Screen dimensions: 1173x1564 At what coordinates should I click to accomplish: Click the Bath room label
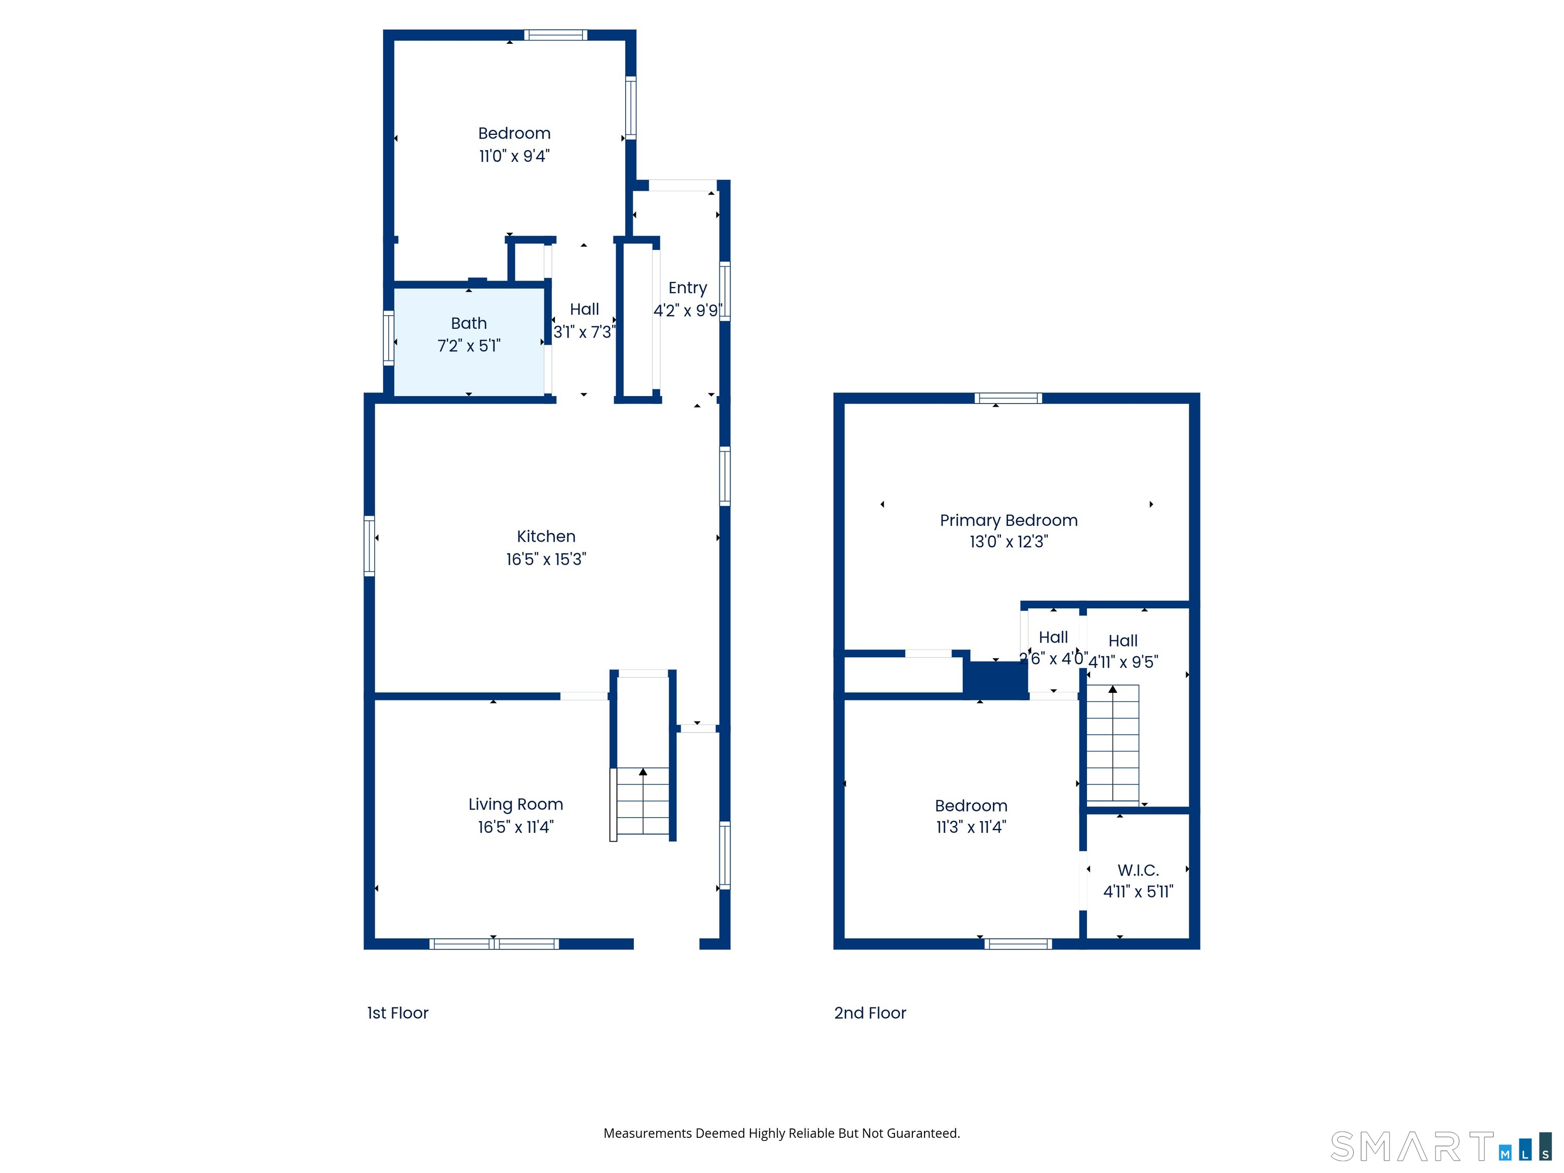pos(469,323)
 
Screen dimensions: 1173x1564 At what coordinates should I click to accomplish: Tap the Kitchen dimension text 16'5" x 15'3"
pos(546,560)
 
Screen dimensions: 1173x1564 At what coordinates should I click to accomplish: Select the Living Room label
pos(515,804)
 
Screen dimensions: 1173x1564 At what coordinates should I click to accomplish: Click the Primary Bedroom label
pos(1008,520)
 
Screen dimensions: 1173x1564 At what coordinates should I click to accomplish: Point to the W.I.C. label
pos(1138,871)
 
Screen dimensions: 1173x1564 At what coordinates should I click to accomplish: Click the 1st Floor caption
pos(397,1013)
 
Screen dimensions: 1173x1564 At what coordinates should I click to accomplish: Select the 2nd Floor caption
pos(870,1013)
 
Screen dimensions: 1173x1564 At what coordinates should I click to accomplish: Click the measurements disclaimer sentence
pos(781,1133)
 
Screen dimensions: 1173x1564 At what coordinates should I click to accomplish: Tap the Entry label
pos(687,288)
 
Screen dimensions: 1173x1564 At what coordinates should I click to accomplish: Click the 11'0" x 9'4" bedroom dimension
pos(514,156)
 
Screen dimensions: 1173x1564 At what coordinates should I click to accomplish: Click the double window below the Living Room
pos(493,943)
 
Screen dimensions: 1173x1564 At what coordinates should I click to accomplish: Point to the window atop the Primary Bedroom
pos(1008,398)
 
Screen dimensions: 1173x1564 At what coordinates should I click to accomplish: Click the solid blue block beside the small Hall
pos(995,680)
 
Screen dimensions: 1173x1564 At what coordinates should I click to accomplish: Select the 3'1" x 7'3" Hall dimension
pos(584,331)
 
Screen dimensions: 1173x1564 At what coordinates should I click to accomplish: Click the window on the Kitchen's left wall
pos(369,545)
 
